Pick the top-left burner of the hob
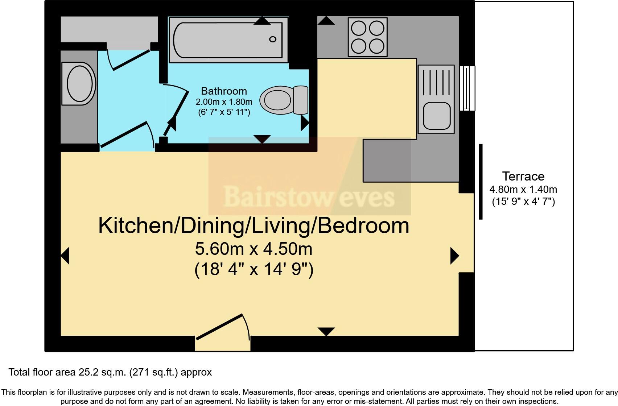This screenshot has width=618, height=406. [x=359, y=28]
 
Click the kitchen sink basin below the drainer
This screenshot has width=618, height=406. [x=436, y=115]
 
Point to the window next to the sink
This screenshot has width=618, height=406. [x=467, y=88]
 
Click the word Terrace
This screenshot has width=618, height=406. [x=523, y=177]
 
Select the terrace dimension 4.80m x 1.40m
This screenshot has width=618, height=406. [x=523, y=189]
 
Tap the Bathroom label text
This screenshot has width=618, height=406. [x=224, y=91]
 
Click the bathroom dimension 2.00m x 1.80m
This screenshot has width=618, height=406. [x=224, y=102]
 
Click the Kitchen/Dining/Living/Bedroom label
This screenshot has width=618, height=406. [x=254, y=225]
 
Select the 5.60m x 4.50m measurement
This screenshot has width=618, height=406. [x=254, y=249]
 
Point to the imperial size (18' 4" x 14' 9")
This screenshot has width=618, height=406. [x=254, y=269]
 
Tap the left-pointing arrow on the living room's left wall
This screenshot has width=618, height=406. [x=65, y=256]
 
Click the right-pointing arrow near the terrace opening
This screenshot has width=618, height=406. [x=454, y=256]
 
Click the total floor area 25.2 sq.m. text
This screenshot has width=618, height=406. [x=110, y=372]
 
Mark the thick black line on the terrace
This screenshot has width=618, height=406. [x=481, y=182]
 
